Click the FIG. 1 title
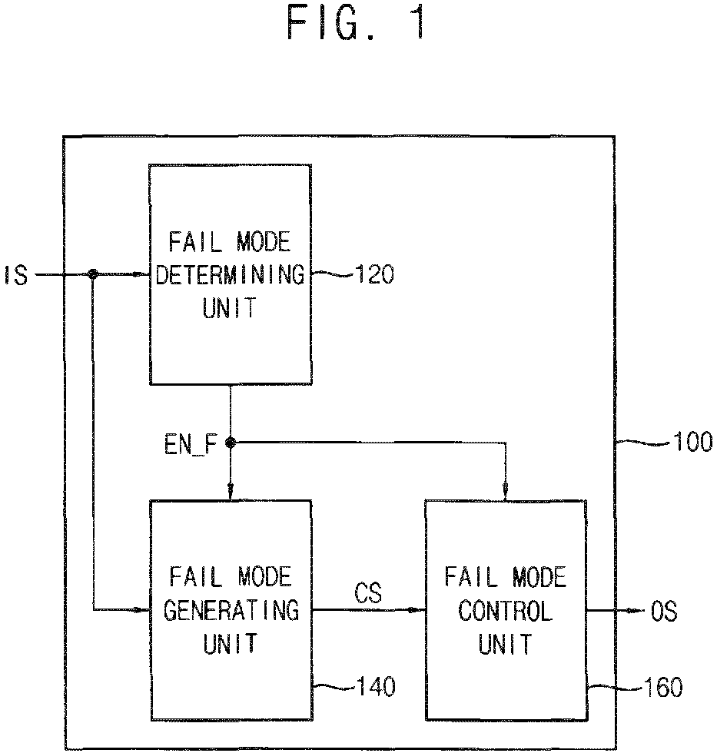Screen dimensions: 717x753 pos(356,23)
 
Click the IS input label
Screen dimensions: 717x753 pos(16,275)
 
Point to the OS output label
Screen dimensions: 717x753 pos(664,612)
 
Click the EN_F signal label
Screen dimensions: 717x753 pos(191,444)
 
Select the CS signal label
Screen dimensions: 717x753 pos(368,592)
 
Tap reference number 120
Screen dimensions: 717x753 pos(374,274)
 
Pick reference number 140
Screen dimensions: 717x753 pos(376,686)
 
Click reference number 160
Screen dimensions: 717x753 pos(662,687)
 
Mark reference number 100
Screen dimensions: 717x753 pos(693,441)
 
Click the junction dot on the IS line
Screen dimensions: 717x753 pos(93,274)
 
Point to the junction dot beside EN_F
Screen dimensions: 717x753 pos(231,443)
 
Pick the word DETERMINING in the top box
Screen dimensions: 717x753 pos(231,275)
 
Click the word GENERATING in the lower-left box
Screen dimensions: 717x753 pos(231,610)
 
